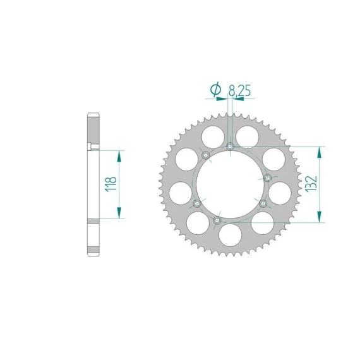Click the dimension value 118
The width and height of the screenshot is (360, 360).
coord(111,184)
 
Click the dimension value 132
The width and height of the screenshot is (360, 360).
coord(311,184)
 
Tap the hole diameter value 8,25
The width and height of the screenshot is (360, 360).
coord(239,91)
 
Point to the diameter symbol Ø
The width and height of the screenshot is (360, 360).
coord(215,90)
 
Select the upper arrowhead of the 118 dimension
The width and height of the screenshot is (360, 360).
coord(119,157)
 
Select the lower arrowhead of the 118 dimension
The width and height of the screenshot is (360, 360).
coord(119,213)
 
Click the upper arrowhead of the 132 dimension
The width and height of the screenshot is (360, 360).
coord(319,152)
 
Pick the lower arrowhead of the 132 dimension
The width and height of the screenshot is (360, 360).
coord(319,217)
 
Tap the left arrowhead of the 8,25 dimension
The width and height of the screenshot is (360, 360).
coord(222,99)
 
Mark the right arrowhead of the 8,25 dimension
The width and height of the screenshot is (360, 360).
coord(238,99)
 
